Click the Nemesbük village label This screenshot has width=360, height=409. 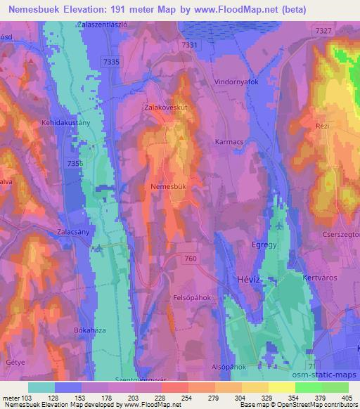167,187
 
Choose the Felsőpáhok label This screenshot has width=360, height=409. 192,297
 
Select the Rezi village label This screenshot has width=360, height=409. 323,124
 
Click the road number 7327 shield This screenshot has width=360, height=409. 324,32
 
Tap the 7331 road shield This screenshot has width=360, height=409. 191,44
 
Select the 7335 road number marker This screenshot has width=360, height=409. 111,62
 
